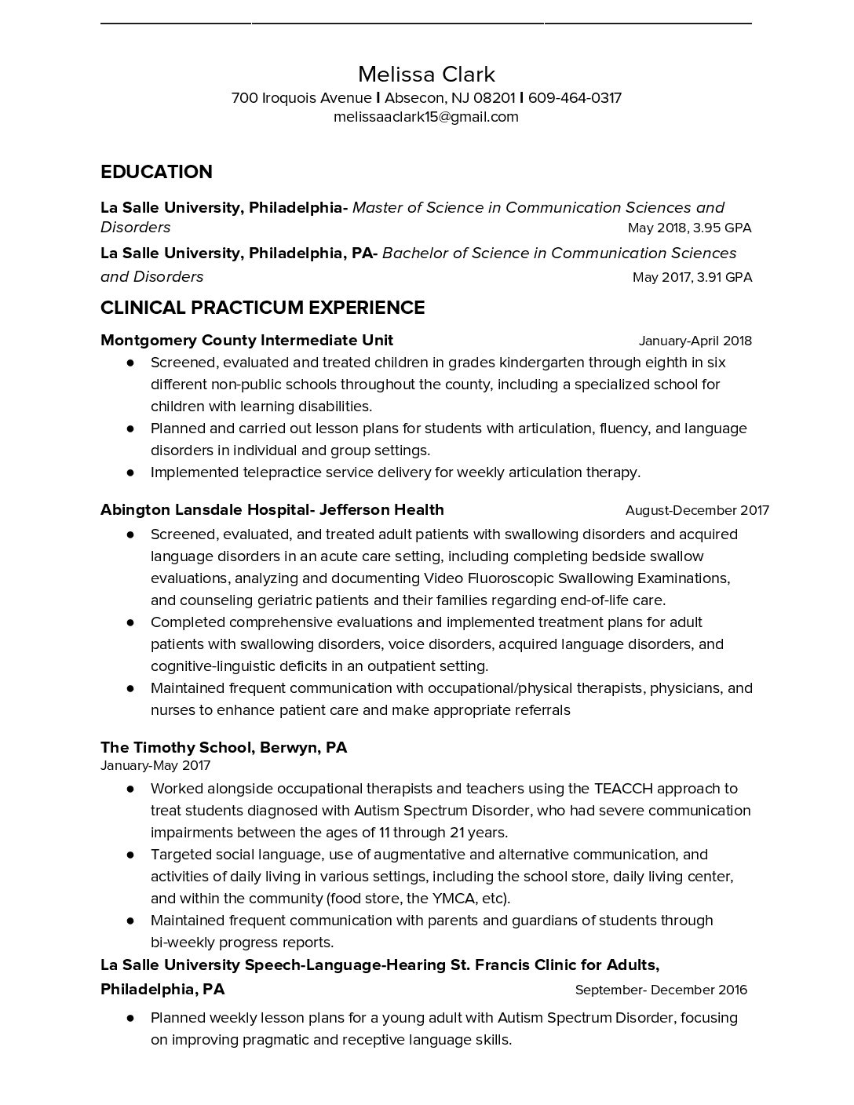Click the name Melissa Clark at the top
point(426,75)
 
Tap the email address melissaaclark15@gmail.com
point(426,117)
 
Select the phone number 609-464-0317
point(575,98)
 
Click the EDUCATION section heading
point(156,172)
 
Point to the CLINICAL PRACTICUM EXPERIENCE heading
point(262,308)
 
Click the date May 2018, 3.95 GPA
point(689,228)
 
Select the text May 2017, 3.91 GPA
point(692,277)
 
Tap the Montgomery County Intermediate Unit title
point(246,341)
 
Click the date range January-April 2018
point(695,341)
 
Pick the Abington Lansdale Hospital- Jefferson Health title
point(272,510)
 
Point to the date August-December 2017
point(697,511)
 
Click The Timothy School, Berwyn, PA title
point(223,747)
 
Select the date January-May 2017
point(155,765)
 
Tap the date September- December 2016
point(661,990)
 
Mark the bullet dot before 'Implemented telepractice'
point(130,472)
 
